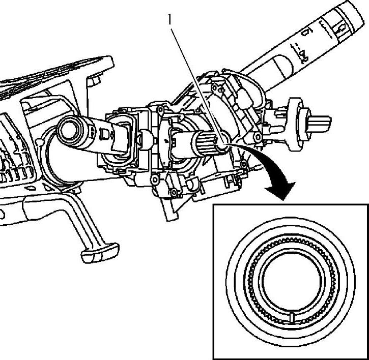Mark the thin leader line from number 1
(x=196, y=81)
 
